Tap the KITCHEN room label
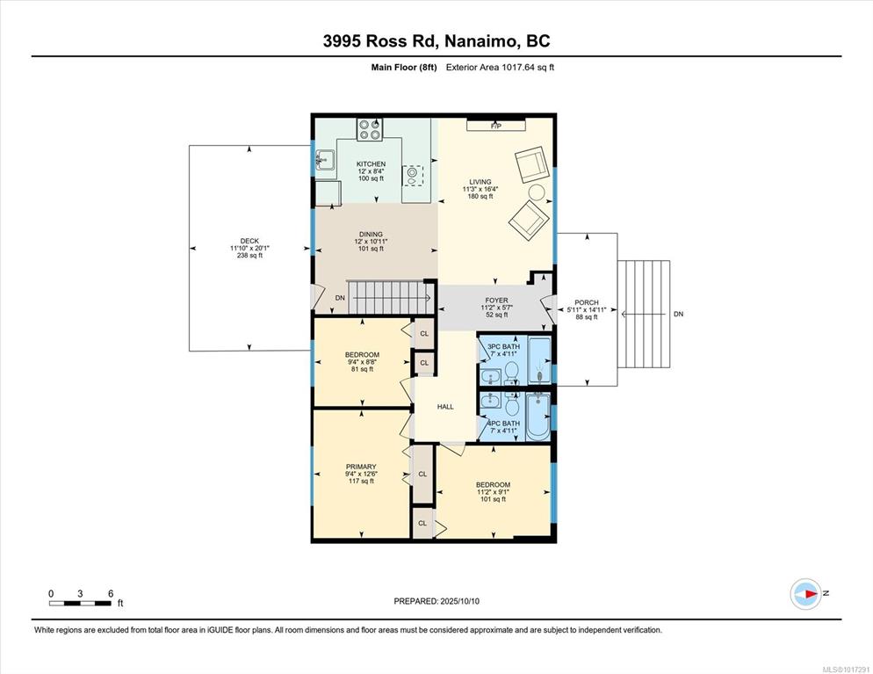point(371,163)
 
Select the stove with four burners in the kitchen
point(370,129)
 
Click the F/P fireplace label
point(496,127)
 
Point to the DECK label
point(249,241)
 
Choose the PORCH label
point(587,302)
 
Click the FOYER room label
point(496,301)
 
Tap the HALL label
point(445,407)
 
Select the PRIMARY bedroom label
point(361,467)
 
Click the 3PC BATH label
point(503,346)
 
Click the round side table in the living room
point(537,192)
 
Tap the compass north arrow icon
point(805,594)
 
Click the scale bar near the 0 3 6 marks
point(80,603)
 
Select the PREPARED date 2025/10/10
point(436,602)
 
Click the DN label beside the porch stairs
point(678,315)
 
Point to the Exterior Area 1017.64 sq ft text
point(500,68)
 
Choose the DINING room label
point(371,234)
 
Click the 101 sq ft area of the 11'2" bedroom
point(493,500)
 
